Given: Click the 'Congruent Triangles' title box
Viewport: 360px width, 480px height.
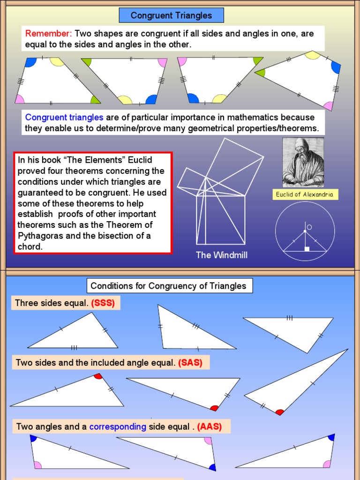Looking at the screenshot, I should (171, 15).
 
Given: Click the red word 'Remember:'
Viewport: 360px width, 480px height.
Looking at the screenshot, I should (48, 34).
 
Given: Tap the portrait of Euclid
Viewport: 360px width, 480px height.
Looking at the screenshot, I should (303, 162).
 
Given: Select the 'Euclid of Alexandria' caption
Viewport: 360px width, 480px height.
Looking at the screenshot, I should (305, 195).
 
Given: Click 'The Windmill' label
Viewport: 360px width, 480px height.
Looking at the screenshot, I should (221, 255).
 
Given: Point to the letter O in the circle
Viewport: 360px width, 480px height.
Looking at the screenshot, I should (309, 227).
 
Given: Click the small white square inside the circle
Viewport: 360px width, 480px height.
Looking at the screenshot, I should (307, 249).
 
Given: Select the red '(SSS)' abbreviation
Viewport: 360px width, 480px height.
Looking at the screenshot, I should (103, 303).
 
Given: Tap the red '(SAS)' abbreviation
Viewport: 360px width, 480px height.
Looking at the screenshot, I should (190, 362).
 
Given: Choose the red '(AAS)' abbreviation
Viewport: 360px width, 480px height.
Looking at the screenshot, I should (209, 427).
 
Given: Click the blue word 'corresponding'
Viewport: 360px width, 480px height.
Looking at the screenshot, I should (118, 427).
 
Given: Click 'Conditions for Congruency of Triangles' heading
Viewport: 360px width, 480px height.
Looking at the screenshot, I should (168, 285).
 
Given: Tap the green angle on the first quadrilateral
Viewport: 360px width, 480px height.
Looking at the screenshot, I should (95, 99).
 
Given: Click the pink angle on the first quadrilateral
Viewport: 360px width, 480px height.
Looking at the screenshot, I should (20, 99).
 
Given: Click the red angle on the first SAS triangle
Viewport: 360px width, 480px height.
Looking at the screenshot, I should (97, 376).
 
